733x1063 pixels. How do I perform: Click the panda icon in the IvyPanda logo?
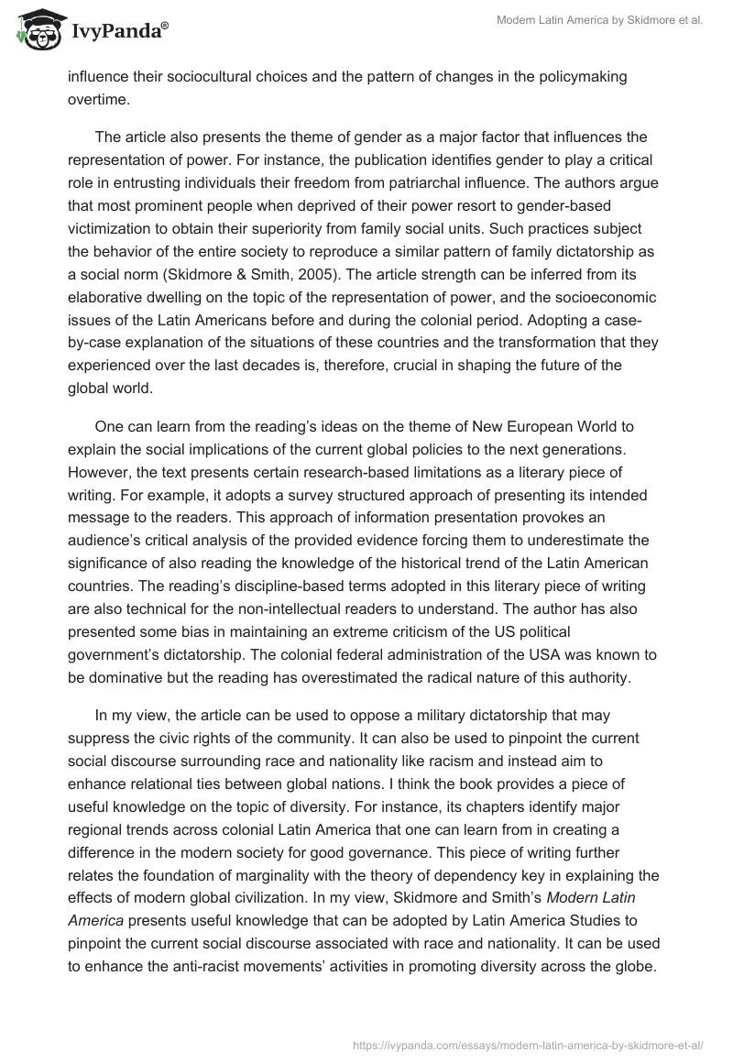pyautogui.click(x=37, y=32)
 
